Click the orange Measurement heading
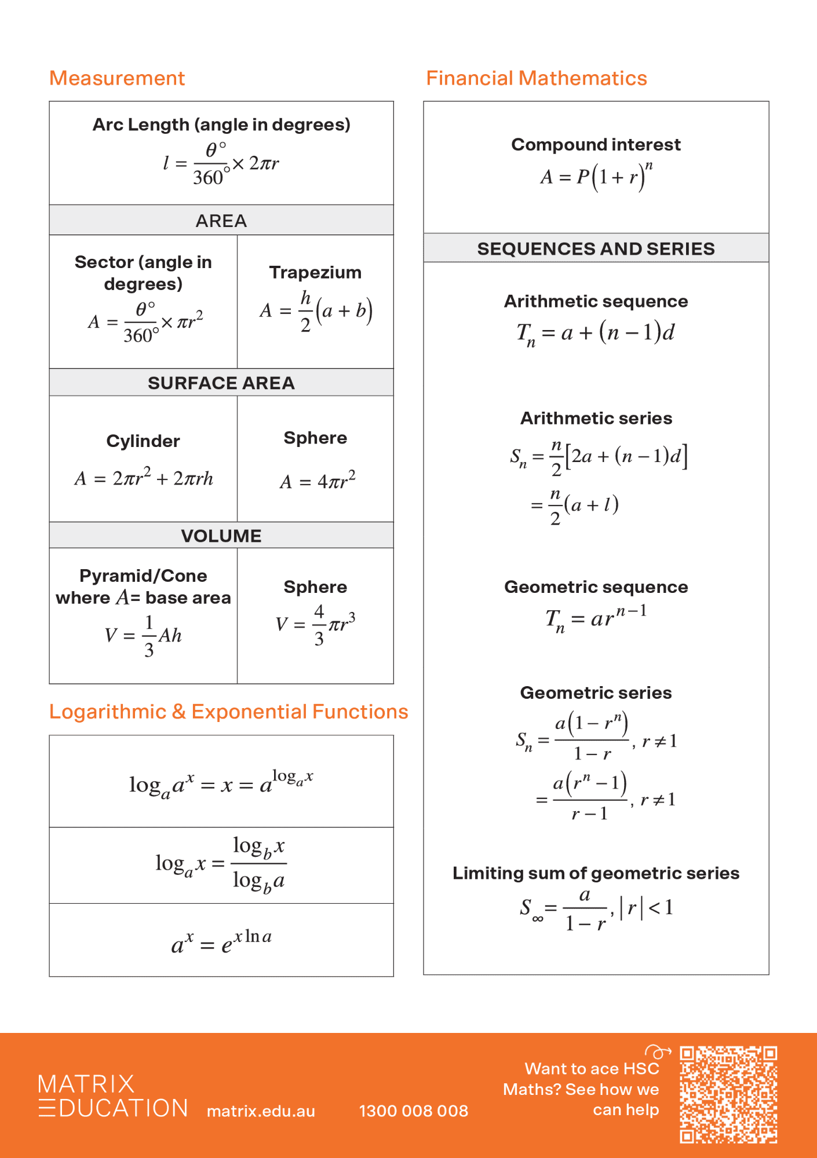tap(117, 78)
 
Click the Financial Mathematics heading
tap(536, 78)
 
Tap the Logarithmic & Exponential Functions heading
tap(228, 712)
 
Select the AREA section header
tap(221, 221)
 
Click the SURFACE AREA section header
tap(221, 383)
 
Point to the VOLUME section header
tap(221, 536)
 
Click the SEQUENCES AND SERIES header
tap(596, 248)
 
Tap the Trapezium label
tap(315, 272)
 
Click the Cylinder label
tap(143, 441)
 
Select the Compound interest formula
tap(596, 176)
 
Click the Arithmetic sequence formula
tap(596, 333)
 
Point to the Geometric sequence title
tap(596, 587)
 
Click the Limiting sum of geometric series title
tap(596, 873)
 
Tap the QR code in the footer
tap(728, 1094)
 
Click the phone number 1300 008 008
tap(413, 1111)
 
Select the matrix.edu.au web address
tap(261, 1111)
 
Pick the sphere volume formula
tap(315, 625)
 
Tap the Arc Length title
tap(221, 124)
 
